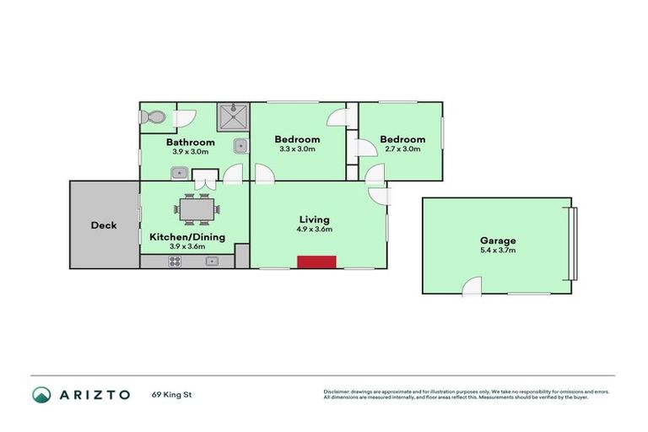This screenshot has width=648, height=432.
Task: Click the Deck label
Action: (x=104, y=225)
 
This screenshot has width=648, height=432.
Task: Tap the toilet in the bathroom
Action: (x=153, y=120)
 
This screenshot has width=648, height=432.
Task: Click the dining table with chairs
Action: (x=197, y=208)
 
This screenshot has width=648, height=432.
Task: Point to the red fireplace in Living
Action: (x=316, y=262)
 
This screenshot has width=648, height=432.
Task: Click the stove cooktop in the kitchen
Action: (x=175, y=262)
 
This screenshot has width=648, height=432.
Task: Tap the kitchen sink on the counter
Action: (x=213, y=262)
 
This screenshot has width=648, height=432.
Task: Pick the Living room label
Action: (x=314, y=219)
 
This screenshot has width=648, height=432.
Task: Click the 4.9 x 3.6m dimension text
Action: (x=314, y=229)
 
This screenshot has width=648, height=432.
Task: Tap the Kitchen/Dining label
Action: (x=187, y=237)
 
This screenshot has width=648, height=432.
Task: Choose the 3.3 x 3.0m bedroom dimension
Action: (x=297, y=149)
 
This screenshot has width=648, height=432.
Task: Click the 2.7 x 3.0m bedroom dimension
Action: (x=402, y=149)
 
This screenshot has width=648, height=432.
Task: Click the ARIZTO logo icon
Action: (x=41, y=394)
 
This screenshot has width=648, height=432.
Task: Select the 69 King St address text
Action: (x=172, y=394)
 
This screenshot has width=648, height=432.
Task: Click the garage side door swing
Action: (x=471, y=287)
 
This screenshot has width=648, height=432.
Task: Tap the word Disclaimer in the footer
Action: (x=337, y=391)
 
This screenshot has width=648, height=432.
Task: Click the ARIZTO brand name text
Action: (x=94, y=394)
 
